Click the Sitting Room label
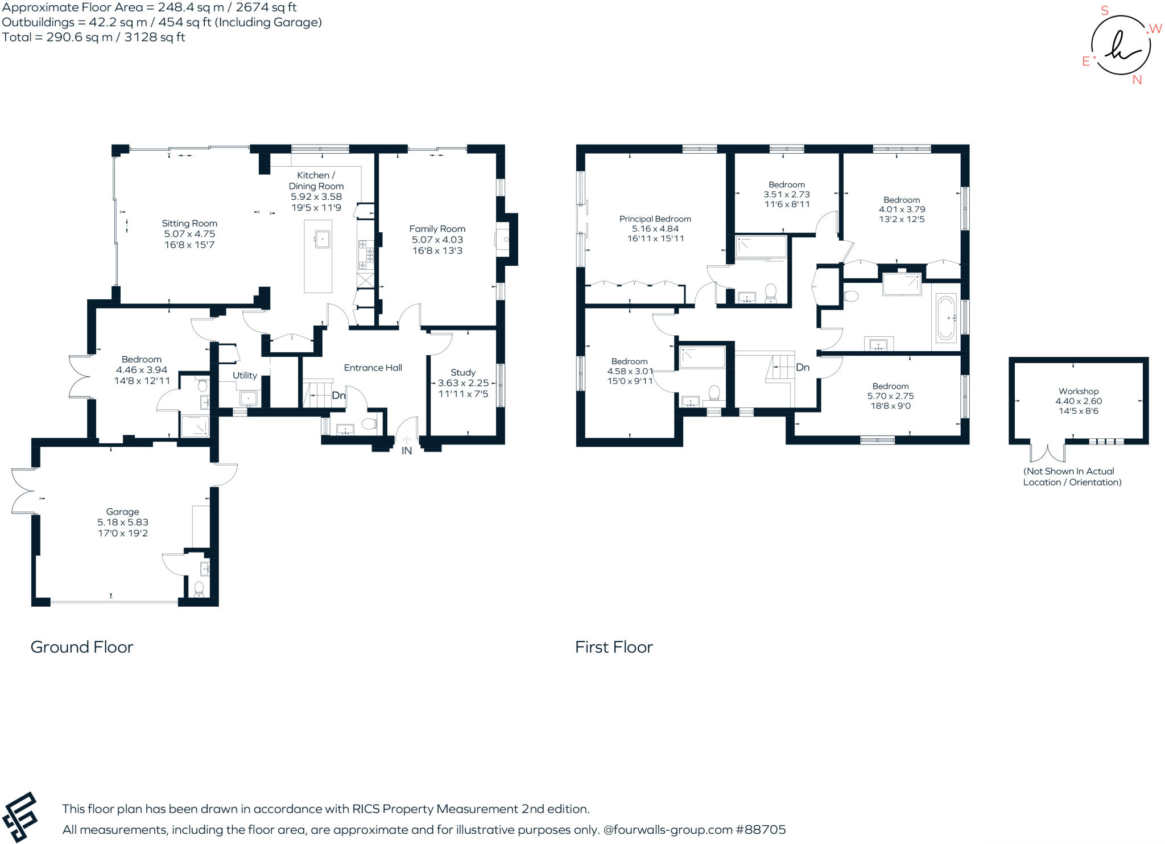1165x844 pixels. point(189,224)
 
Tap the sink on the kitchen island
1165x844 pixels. point(323,239)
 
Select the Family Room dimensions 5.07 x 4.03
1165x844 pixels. point(437,240)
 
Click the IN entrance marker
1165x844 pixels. point(407,451)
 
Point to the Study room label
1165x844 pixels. point(462,372)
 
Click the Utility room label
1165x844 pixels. point(245,376)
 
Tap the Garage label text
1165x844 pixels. point(122,512)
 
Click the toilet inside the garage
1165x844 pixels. point(199,589)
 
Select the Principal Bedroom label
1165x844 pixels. point(655,219)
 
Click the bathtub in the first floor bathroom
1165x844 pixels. point(945,318)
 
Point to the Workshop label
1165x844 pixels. point(1078,391)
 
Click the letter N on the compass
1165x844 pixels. point(1137,80)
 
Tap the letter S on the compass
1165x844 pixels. point(1104,11)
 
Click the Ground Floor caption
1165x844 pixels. point(82,647)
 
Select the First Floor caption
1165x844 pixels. point(614,647)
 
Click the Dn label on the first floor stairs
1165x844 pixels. point(802,368)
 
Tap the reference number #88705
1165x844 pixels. point(761,830)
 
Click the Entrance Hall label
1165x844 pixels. point(373,368)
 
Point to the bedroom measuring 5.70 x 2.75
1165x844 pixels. point(890,396)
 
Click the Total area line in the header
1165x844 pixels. point(94,38)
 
